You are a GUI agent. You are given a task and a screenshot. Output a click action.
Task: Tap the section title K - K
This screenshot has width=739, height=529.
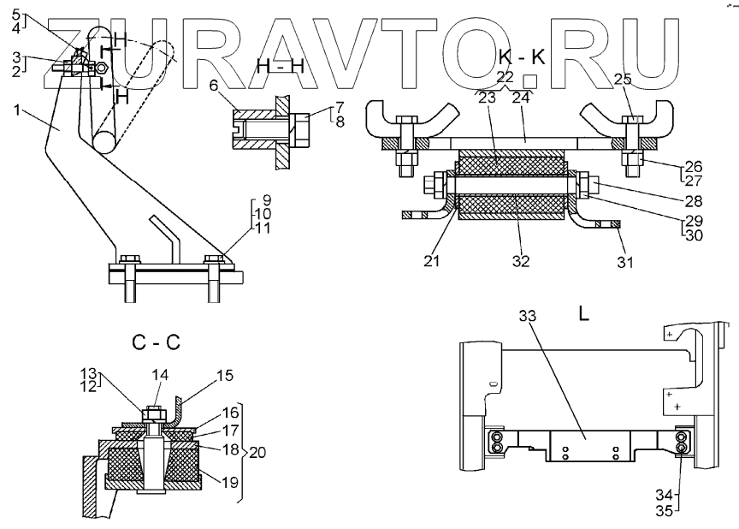pyautogui.click(x=521, y=58)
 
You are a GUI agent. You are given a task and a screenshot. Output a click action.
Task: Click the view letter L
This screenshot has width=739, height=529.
pyautogui.click(x=583, y=314)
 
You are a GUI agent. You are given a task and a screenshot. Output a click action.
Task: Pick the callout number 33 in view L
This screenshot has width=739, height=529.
pyautogui.click(x=528, y=317)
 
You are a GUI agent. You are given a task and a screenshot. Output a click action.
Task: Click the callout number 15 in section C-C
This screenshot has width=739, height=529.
pyautogui.click(x=225, y=375)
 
